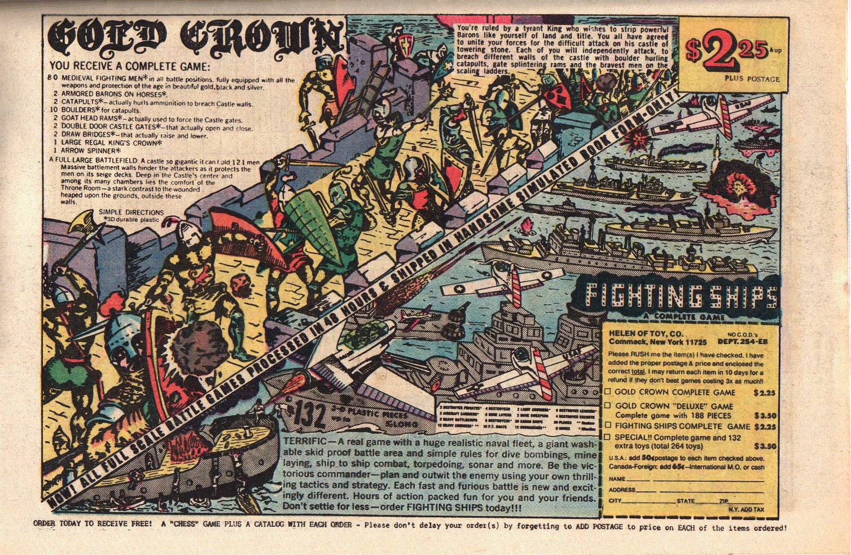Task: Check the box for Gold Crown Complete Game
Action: tap(608, 391)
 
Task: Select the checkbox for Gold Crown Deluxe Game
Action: tap(608, 406)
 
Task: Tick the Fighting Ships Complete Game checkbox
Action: tap(608, 426)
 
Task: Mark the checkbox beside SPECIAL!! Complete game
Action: tap(608, 437)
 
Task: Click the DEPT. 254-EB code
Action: tap(741, 341)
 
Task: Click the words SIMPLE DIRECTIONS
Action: tap(131, 212)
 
